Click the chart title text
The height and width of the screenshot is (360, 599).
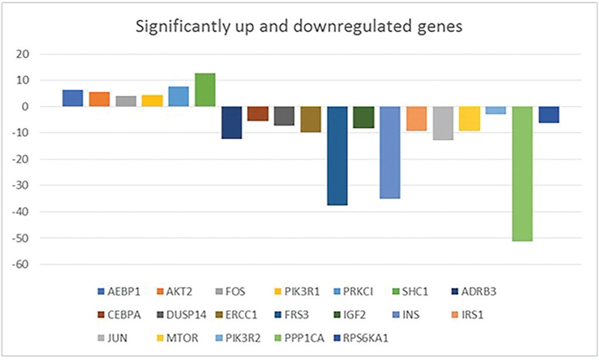click(299, 28)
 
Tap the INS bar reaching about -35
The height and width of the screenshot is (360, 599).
click(389, 153)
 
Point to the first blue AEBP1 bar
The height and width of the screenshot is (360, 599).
click(73, 98)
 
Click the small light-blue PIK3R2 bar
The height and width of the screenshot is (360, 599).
click(496, 111)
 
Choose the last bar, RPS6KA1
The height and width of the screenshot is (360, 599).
click(548, 115)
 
